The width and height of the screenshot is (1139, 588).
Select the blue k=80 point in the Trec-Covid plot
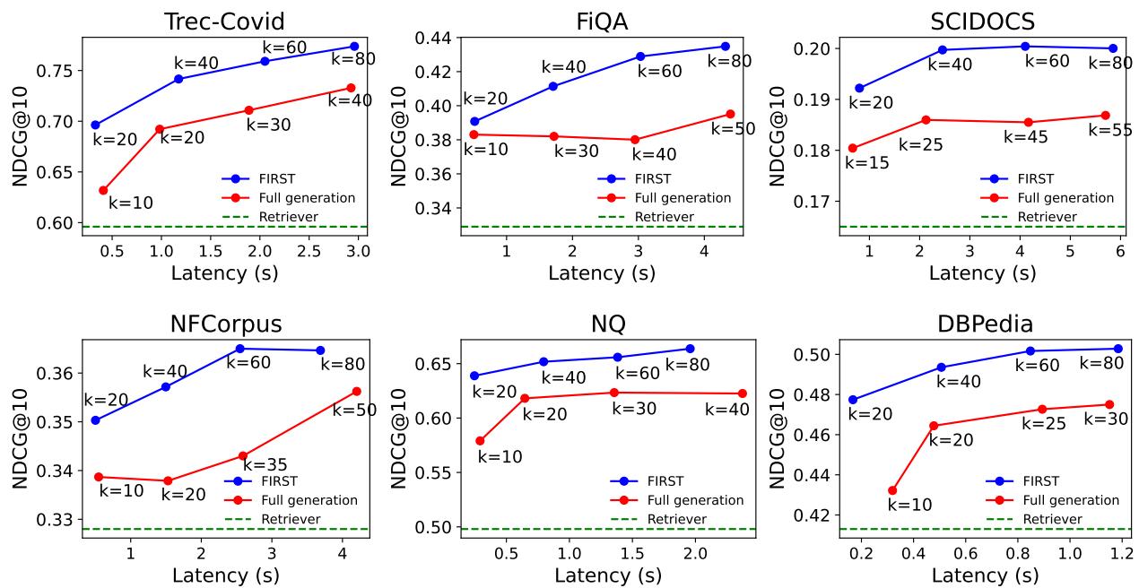coord(354,46)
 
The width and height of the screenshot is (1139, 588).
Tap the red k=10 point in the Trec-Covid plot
coord(103,190)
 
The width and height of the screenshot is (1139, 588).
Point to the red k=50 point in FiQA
coord(730,114)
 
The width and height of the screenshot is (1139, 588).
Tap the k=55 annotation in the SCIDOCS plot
coord(1110,130)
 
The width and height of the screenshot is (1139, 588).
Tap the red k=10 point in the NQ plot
coord(480,441)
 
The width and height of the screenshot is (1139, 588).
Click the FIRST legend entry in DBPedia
coord(1040,481)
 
